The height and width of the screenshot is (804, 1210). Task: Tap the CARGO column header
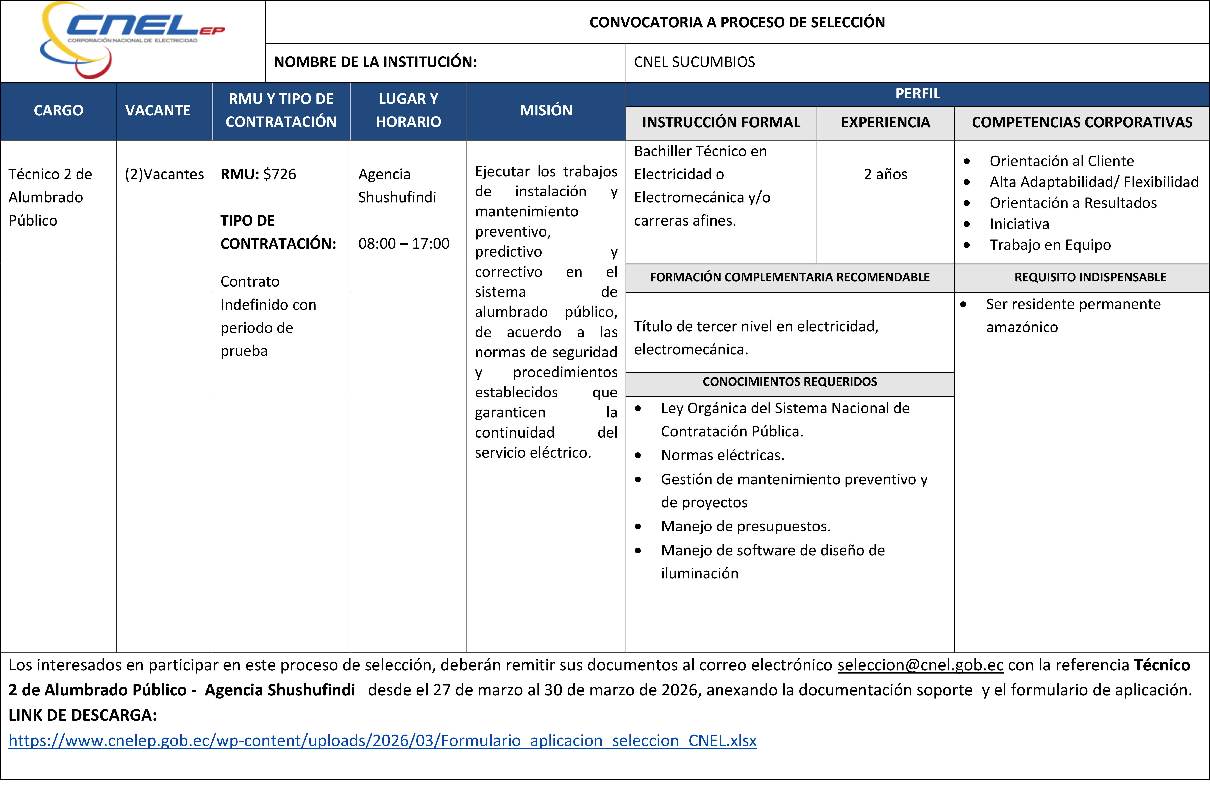click(58, 110)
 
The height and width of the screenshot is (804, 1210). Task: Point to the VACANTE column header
click(158, 110)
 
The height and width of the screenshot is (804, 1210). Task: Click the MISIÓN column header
click(546, 110)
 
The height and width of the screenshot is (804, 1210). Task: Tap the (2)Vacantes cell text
click(164, 174)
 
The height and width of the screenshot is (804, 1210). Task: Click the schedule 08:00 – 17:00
click(404, 244)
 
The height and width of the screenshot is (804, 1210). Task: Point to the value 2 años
click(885, 174)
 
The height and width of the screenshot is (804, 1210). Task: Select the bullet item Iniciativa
click(1019, 224)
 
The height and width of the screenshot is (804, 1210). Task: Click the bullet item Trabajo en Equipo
click(1050, 245)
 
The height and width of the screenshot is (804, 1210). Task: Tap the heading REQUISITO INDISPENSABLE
click(1090, 277)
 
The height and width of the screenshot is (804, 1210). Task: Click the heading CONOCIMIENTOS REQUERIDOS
click(789, 382)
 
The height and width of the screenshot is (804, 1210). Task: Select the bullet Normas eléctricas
click(722, 455)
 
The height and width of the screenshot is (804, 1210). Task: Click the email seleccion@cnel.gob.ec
click(920, 665)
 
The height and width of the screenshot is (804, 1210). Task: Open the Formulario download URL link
click(383, 740)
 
